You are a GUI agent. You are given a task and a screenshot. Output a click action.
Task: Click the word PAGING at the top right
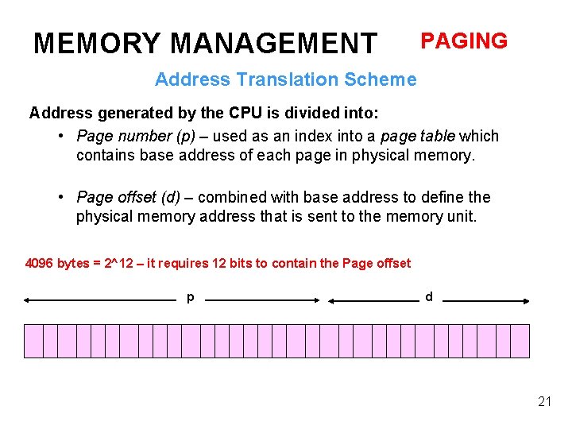click(463, 41)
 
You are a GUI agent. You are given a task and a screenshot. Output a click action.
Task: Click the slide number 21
click(544, 401)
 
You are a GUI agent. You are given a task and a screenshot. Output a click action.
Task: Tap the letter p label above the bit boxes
click(190, 297)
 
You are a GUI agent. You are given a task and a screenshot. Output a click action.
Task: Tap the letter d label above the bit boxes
click(429, 296)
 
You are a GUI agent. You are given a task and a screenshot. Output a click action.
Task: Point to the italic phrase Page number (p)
click(136, 136)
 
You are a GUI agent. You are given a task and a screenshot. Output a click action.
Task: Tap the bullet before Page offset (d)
click(61, 197)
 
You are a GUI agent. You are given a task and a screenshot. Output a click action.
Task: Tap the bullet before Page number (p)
click(61, 136)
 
